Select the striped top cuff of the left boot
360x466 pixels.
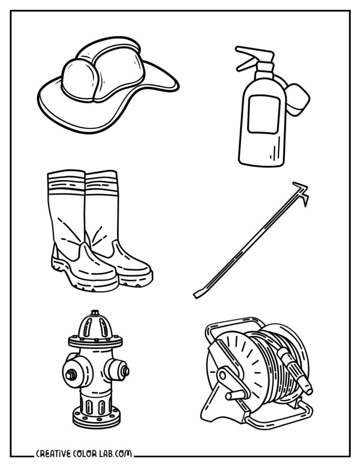[66, 183]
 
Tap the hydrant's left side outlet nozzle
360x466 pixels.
[71, 374]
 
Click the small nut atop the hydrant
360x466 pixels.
[95, 312]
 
